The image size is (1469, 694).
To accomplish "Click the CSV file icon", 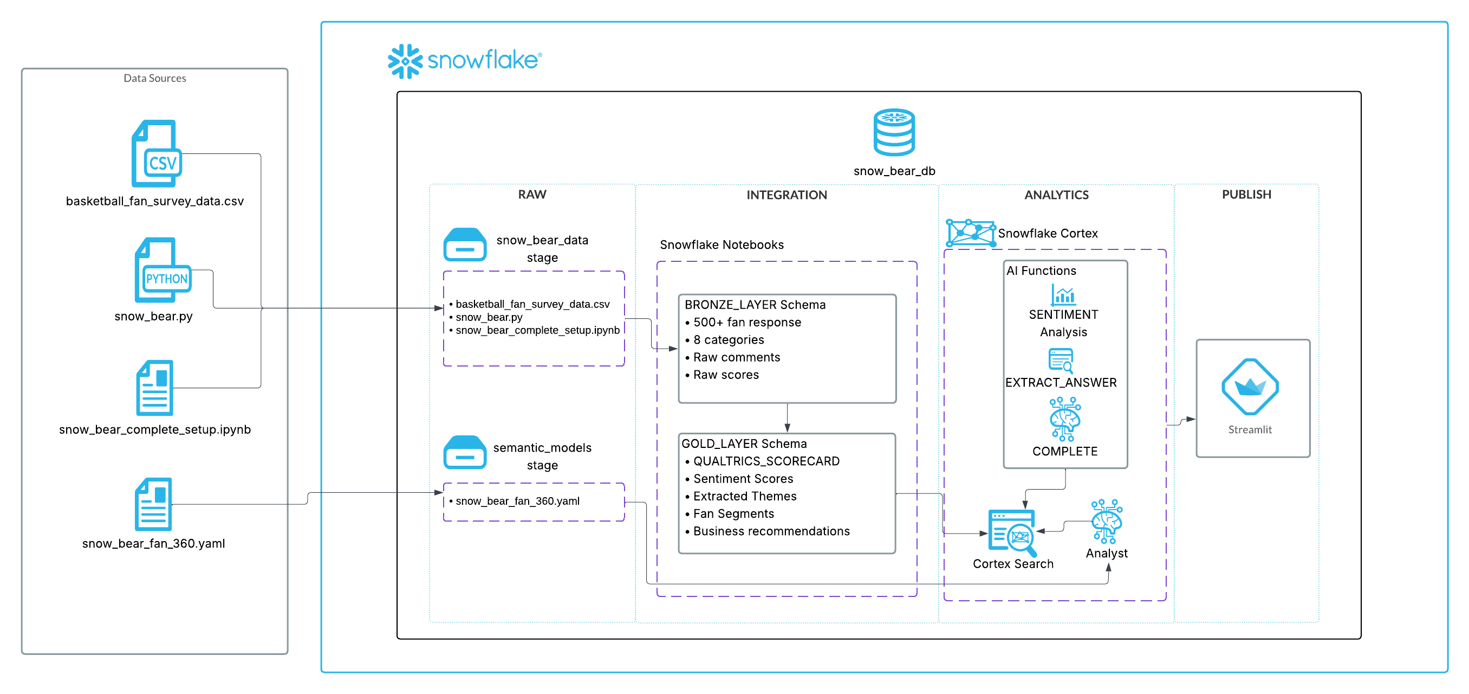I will coord(155,153).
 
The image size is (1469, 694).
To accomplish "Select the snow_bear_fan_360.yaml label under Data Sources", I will coord(153,543).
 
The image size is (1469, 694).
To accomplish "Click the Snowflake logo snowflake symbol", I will coord(405,61).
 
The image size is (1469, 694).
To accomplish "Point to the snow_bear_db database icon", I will coord(894,132).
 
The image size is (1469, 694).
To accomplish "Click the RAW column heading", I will coord(531,195).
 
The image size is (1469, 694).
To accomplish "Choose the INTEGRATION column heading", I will coord(786,195).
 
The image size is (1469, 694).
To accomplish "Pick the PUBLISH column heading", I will coord(1246,195).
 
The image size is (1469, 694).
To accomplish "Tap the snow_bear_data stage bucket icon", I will coord(465,245).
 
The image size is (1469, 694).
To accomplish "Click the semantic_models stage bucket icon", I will coord(465,453).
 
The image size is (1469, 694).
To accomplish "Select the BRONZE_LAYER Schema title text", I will coord(755,305).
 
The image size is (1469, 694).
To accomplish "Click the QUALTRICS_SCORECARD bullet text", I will coord(766,461).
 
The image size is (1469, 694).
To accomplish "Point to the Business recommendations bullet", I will coord(771,531).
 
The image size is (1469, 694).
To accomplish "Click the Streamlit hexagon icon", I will coord(1250,387).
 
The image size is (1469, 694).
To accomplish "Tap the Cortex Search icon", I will coord(1012,533).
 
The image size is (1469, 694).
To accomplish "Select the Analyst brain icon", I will coord(1106,521).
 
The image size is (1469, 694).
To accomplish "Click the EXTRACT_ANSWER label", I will coord(1061,382).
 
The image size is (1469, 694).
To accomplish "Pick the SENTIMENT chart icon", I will coord(1063,295).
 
